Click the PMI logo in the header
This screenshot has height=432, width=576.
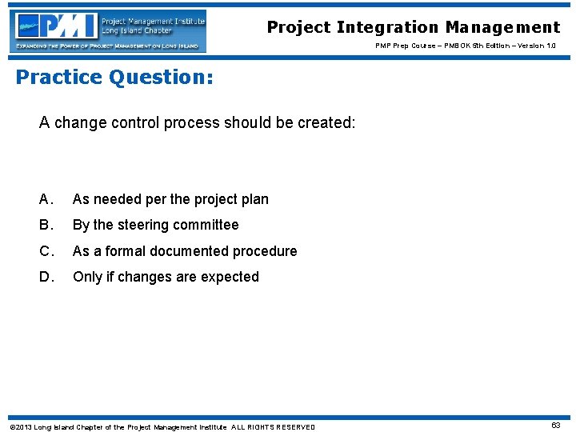point(108,30)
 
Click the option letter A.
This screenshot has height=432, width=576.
point(47,199)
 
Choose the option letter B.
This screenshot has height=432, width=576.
point(47,225)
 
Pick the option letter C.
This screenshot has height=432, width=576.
point(47,251)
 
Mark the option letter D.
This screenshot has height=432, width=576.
point(47,277)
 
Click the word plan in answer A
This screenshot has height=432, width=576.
point(254,199)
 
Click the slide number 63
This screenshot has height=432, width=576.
point(555,426)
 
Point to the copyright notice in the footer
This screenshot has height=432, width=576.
point(162,426)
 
